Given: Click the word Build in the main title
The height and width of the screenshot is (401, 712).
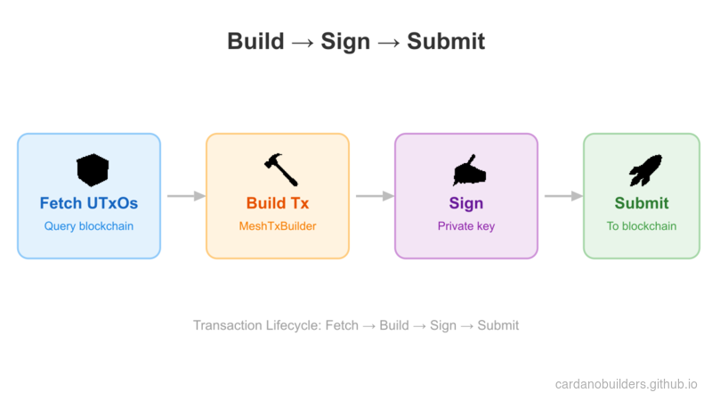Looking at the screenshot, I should click(255, 42).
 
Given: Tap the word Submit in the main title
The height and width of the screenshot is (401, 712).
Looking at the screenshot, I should click(446, 42).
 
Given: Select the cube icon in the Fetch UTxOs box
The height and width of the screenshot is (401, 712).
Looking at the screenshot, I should click(92, 169).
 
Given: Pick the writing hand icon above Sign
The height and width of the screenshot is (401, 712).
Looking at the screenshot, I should click(466, 169).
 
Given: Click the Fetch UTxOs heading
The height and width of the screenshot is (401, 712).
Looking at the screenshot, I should click(89, 203).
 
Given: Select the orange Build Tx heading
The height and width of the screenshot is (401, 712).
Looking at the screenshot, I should click(278, 203).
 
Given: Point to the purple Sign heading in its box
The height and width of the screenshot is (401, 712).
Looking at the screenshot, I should click(466, 203).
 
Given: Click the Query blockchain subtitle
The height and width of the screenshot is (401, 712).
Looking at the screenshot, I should click(89, 226).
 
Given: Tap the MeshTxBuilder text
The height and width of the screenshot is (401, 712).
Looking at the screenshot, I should click(278, 226).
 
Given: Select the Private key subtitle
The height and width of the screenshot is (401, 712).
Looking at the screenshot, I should click(466, 226).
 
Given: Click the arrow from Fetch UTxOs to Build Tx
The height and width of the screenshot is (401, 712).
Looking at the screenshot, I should click(185, 196).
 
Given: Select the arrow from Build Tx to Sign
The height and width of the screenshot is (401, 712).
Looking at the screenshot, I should click(374, 196).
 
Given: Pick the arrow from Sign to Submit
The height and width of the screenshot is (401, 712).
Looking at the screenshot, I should click(562, 196).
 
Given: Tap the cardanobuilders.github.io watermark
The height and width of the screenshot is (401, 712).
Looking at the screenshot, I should click(626, 384).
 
